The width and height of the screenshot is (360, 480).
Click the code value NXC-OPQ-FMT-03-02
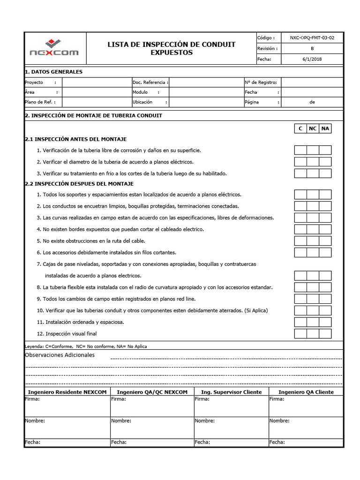pos(312,37)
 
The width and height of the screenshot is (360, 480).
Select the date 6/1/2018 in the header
pos(312,59)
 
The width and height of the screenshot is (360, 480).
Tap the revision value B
pos(312,48)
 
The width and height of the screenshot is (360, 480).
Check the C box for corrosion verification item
pos(300,150)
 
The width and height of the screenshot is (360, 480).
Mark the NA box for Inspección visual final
pos(325,334)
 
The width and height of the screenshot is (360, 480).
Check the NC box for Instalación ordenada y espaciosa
pos(313,322)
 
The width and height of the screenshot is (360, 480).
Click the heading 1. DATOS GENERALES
pos(53,72)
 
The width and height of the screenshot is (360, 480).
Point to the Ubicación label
pos(143,102)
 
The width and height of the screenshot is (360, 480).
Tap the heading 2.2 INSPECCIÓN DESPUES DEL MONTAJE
pos(79,184)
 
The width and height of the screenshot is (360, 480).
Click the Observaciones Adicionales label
pos(59,355)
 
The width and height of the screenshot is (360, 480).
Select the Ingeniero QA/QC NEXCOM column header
pos(152,392)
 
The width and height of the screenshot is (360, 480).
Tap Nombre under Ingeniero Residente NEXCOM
pos(35,421)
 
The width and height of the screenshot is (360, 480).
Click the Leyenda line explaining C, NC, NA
pos(85,346)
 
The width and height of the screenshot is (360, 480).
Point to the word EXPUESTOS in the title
pos(172,52)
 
